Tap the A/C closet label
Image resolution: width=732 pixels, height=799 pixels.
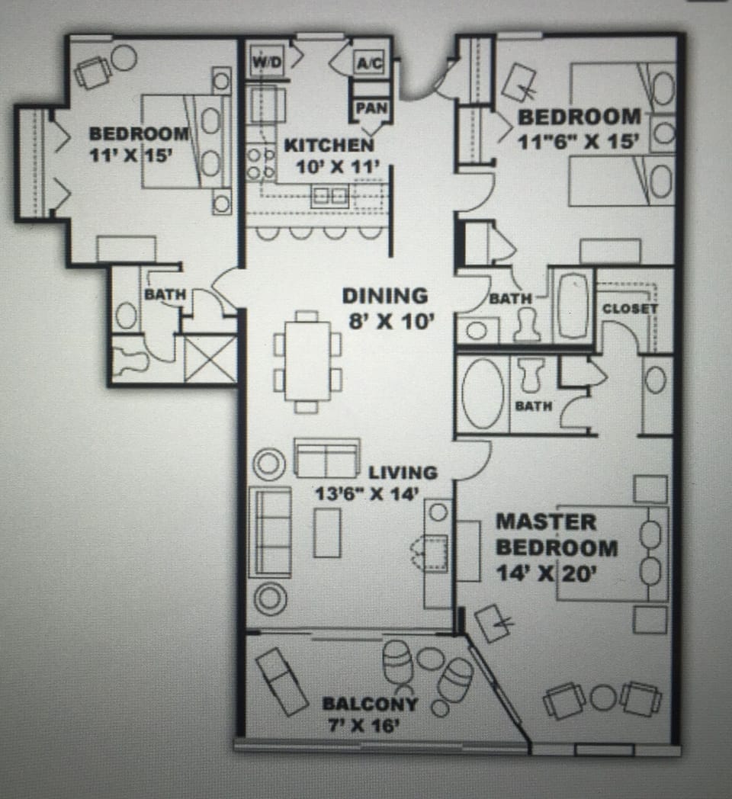pos(371,65)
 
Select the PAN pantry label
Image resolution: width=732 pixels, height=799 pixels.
pos(371,108)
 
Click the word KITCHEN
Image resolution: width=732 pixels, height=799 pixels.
pos(329,145)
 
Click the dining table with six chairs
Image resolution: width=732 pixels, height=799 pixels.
pos(307,361)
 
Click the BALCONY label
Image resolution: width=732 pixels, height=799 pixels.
pos(369,704)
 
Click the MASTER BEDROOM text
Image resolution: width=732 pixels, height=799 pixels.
pos(557,535)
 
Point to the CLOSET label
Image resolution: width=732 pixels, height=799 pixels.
pos(630,309)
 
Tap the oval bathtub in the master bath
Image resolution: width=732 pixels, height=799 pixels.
pos(483,393)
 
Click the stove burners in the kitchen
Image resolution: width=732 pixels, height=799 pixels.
pos(260,162)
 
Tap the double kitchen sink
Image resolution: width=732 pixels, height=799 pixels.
pos(330,196)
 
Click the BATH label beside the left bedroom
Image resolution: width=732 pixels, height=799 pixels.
pos(165,295)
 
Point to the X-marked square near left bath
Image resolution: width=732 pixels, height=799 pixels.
pos(210,358)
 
